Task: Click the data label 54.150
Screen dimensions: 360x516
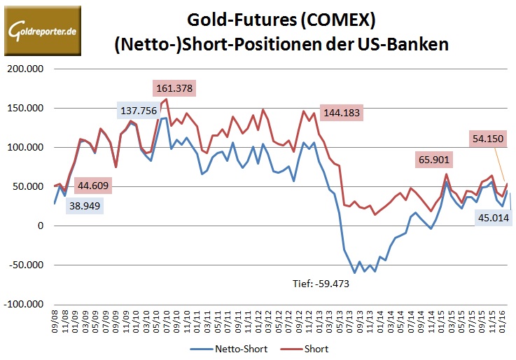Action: tap(488, 139)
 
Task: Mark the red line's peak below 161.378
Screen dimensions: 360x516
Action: tap(166, 99)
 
